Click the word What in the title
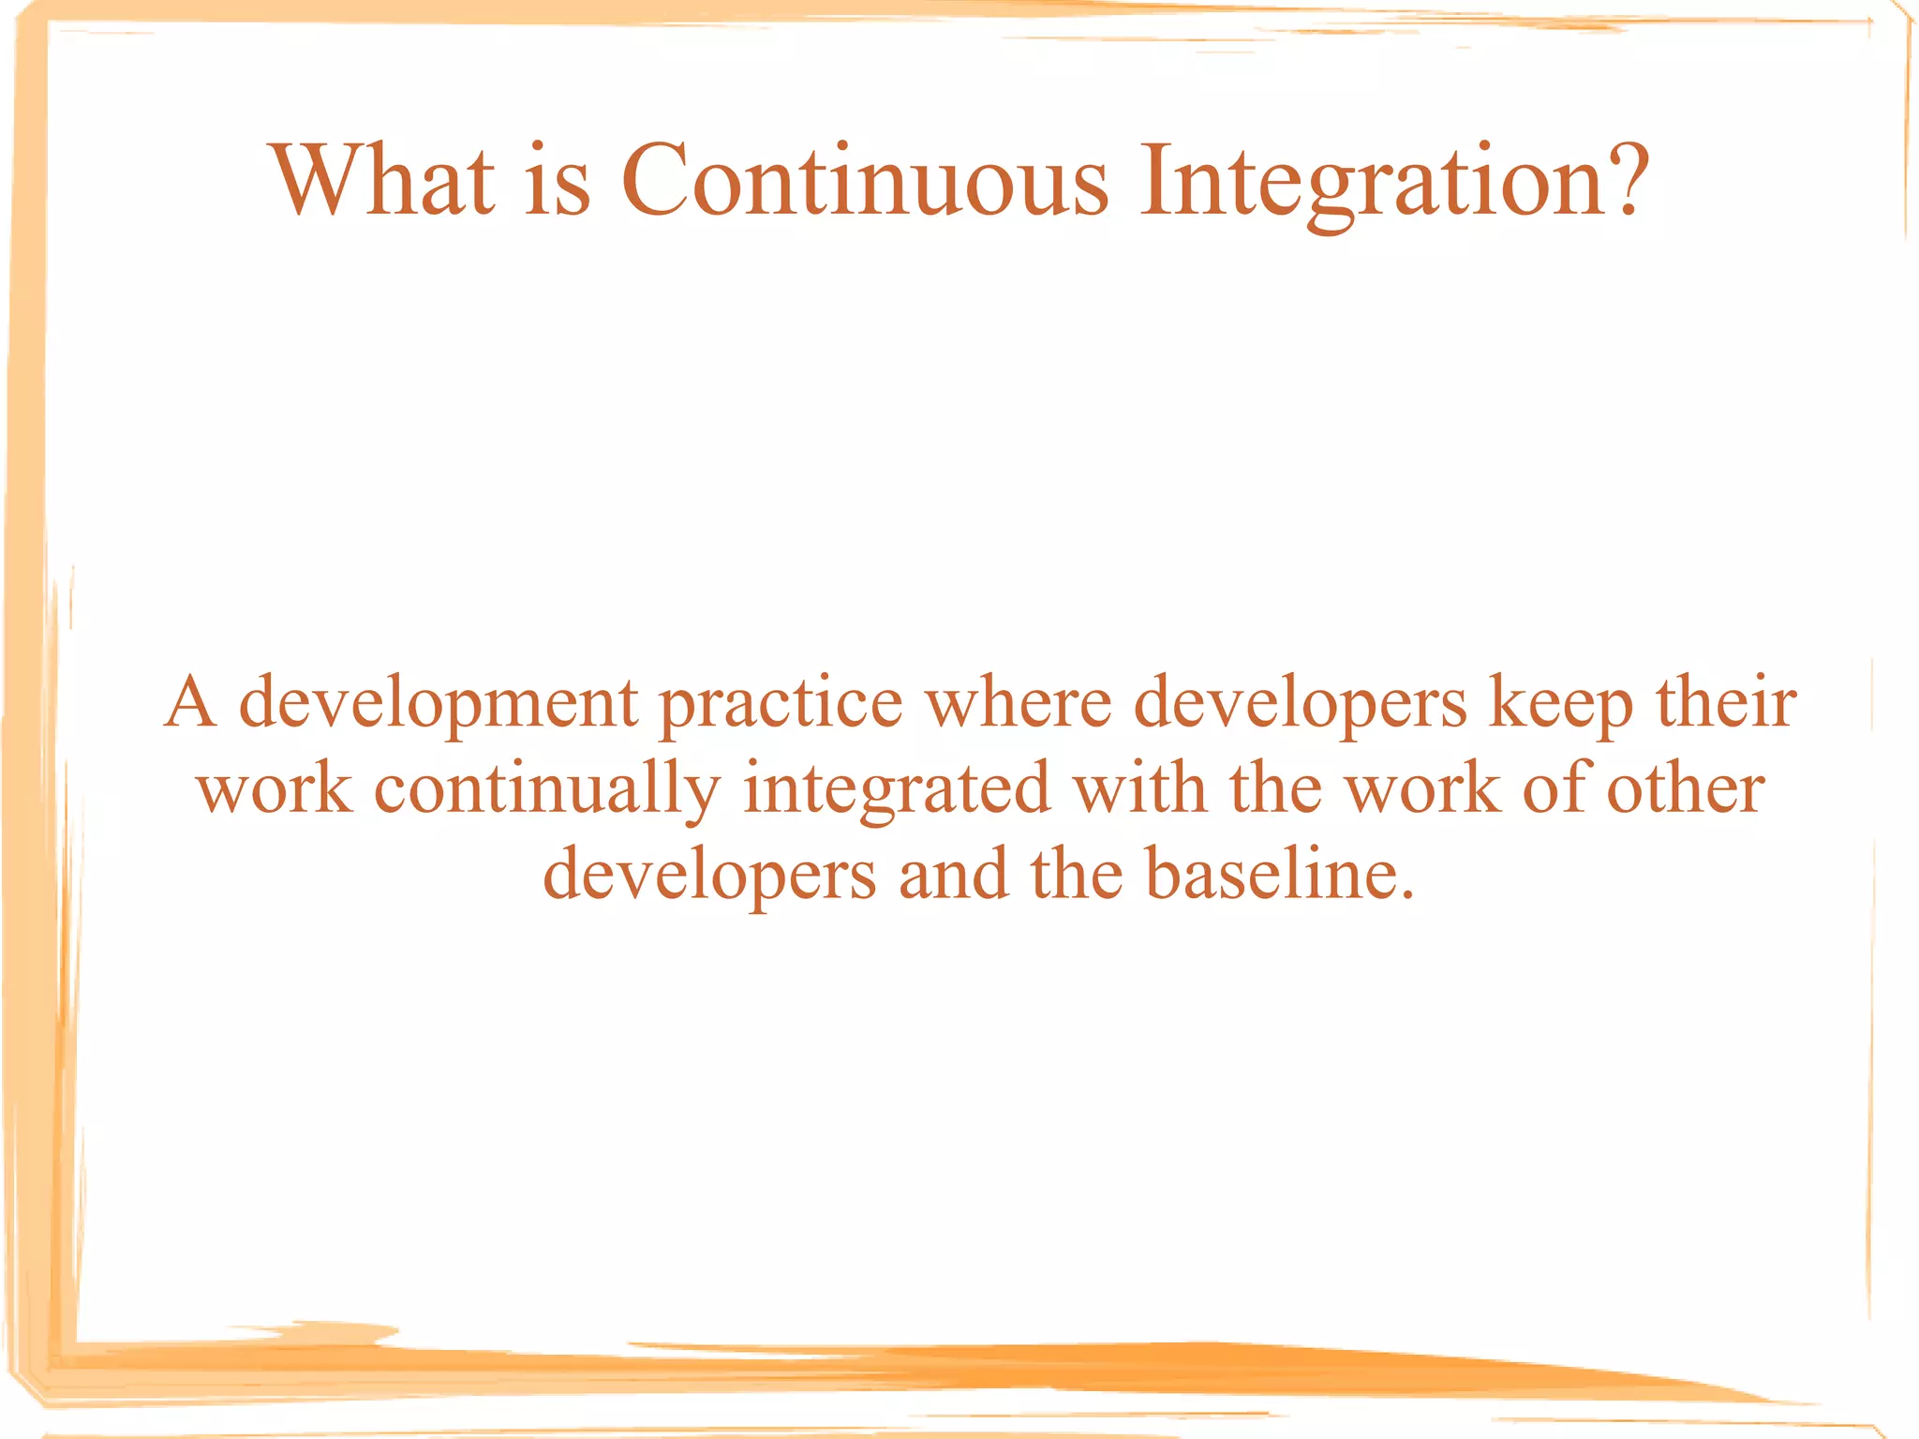click(381, 180)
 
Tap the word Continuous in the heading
click(864, 180)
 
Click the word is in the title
click(558, 180)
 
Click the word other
click(1686, 787)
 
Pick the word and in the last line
click(953, 874)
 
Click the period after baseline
click(1406, 895)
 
